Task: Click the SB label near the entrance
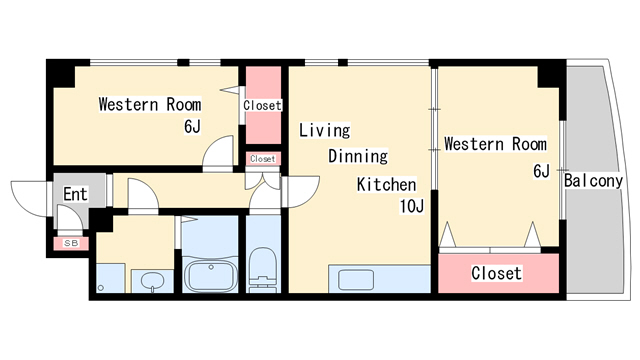pos(71,243)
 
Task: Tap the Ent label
pos(76,194)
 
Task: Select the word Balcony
pos(593,181)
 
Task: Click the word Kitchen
pos(387,184)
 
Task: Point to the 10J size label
pos(411,207)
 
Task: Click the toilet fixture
pos(263,269)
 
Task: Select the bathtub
pos(210,276)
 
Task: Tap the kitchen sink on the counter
pos(356,280)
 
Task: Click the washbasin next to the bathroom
pos(153,281)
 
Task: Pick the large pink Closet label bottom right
pos(496,273)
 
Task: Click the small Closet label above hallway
pos(263,159)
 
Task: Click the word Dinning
pos(358,156)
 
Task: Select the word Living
pos(324,130)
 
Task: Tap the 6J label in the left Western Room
pos(192,127)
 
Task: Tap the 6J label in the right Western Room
pos(542,171)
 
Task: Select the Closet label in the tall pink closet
pos(262,105)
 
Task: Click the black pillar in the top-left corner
pos(61,73)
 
